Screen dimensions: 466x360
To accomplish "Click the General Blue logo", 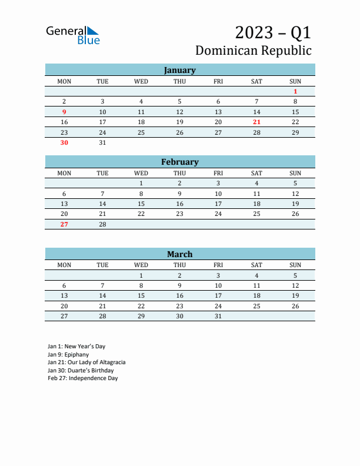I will pos(73,35).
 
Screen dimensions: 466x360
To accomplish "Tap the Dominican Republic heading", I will pos(253,51).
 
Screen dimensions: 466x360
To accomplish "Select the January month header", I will pos(179,70).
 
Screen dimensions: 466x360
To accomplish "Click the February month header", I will pos(179,162).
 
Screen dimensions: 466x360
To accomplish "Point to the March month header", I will pos(179,254).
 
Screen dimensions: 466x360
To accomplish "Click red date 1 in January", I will pos(295,91).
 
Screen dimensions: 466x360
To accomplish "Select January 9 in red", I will pos(64,112).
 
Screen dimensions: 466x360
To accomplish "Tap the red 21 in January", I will pos(256,122).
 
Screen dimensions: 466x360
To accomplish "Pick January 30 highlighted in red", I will pos(64,142).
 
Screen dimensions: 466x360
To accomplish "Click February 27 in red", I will pos(64,224).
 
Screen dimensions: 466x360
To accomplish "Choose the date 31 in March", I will pos(218,316).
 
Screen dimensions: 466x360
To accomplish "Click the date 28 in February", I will pos(102,224).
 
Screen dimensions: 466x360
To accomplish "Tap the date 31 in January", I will pos(102,142).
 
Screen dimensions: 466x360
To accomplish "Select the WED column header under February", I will pos(141,173).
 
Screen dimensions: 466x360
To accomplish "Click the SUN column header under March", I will pos(295,265).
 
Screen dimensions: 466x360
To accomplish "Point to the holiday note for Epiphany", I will pos(68,354).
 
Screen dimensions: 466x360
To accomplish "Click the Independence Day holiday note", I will pos(83,378).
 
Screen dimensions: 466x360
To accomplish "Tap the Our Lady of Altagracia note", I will pos(86,362).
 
